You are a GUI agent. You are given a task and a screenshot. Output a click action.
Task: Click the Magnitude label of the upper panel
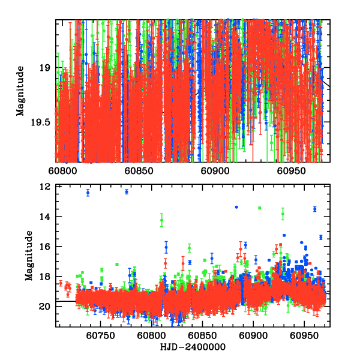(x=20, y=91)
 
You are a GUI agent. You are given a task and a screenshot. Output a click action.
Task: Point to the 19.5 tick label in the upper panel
(x=40, y=122)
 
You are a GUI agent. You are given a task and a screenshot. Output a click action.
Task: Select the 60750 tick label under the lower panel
(x=100, y=337)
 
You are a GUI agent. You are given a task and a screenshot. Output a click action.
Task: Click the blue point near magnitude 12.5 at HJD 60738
(x=88, y=193)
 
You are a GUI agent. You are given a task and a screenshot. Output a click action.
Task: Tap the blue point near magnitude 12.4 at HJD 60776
(x=127, y=191)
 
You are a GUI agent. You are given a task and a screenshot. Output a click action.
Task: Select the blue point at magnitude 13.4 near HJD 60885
(x=236, y=207)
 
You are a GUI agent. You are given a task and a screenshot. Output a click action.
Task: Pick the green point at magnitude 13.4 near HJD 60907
(x=259, y=208)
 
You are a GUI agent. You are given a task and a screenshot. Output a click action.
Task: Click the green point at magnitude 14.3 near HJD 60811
(x=161, y=220)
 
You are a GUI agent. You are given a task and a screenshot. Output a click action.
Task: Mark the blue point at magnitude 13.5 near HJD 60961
(x=314, y=209)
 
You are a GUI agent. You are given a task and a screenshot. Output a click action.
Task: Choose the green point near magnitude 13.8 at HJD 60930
(x=283, y=214)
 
